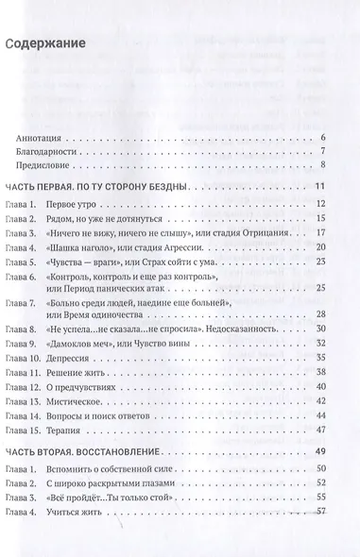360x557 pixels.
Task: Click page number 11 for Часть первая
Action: coord(321,187)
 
